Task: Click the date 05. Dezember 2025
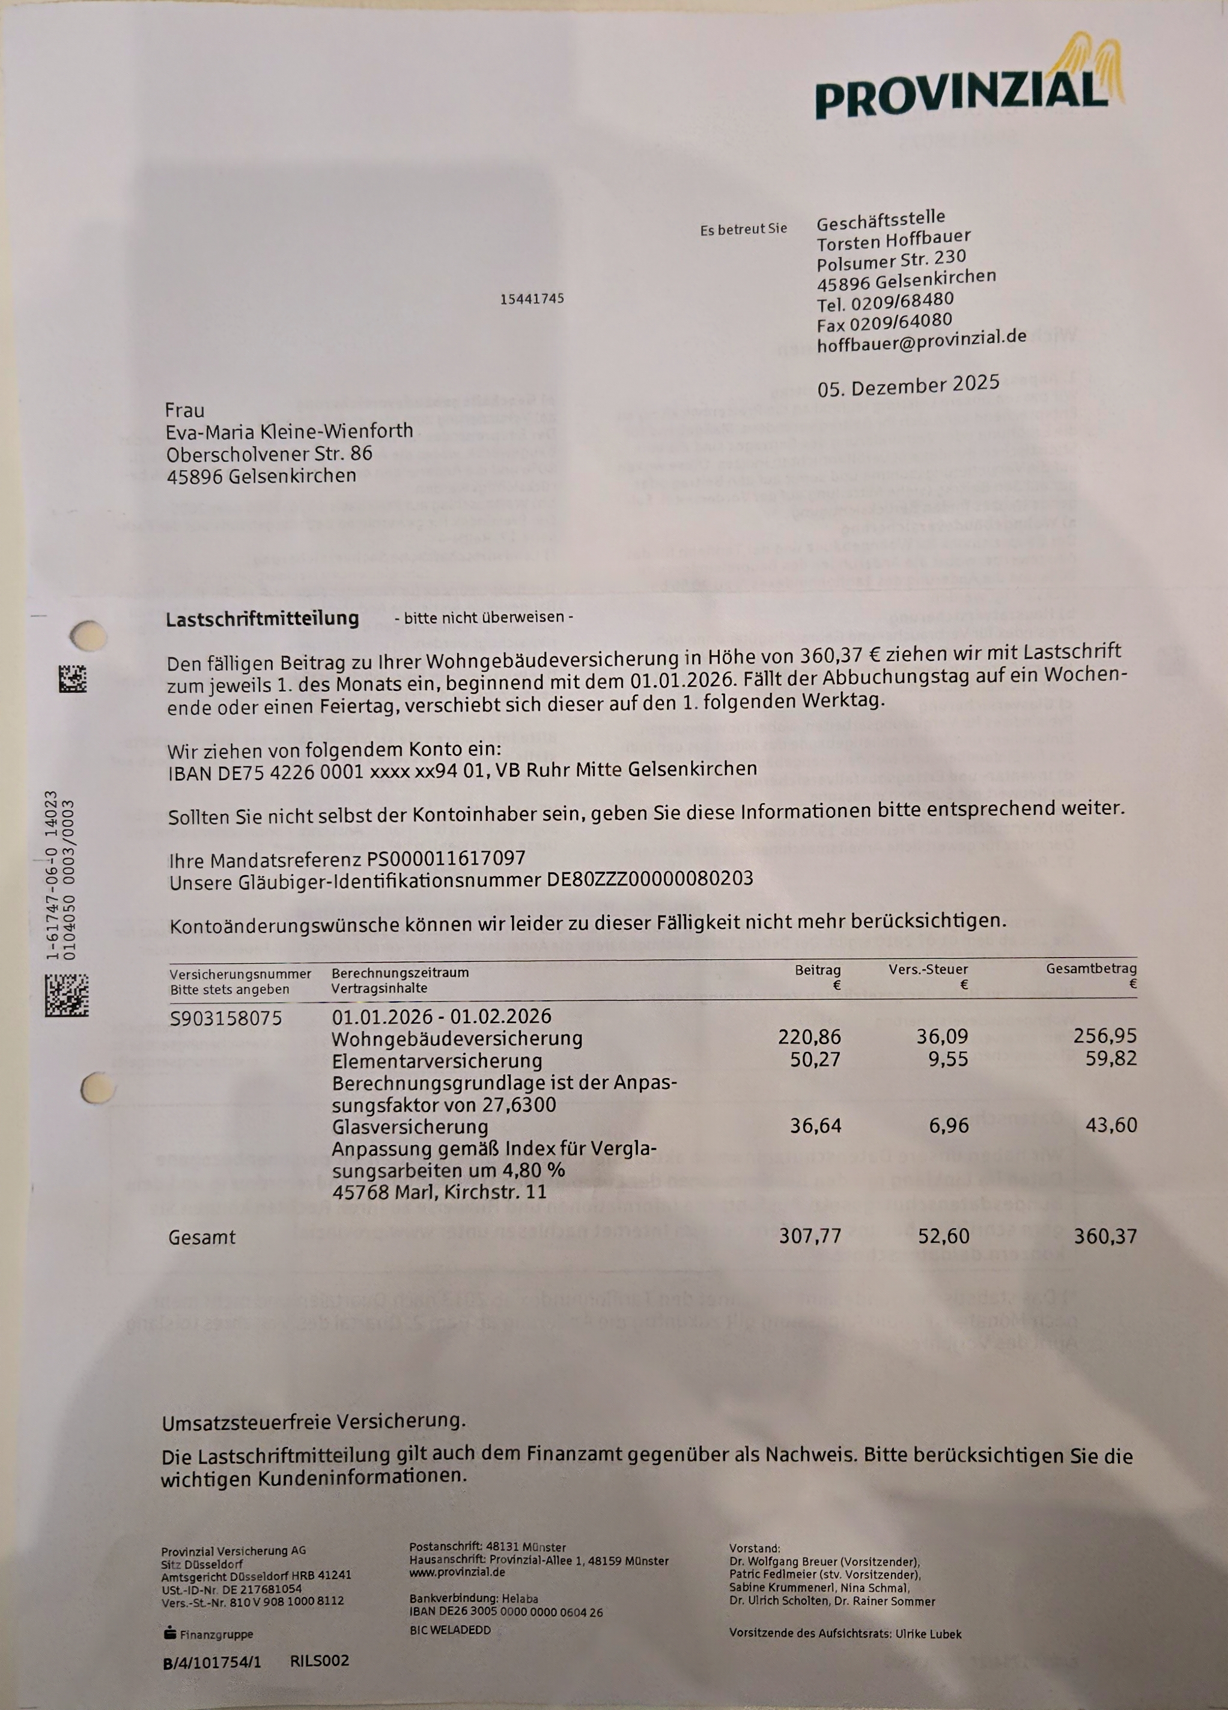pos(908,385)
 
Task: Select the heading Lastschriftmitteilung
pos(262,619)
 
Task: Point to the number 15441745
pos(532,298)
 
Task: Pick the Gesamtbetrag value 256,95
pos(1104,1036)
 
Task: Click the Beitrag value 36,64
pos(815,1125)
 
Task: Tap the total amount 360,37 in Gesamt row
pos(1104,1236)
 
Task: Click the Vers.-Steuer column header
pos(928,970)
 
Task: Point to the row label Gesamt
pos(202,1237)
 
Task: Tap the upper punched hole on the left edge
pos(88,635)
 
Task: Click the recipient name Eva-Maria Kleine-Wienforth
pos(289,431)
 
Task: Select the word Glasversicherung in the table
pos(410,1126)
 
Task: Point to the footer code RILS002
pos(319,1660)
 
